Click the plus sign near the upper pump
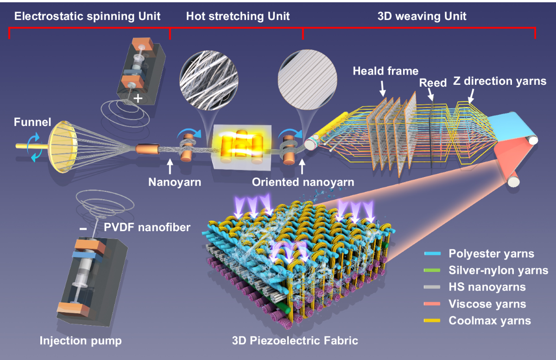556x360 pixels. [138, 99]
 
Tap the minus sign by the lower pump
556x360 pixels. [82, 228]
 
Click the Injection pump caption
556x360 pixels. [81, 341]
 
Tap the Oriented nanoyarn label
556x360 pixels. [303, 182]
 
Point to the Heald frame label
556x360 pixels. [385, 71]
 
